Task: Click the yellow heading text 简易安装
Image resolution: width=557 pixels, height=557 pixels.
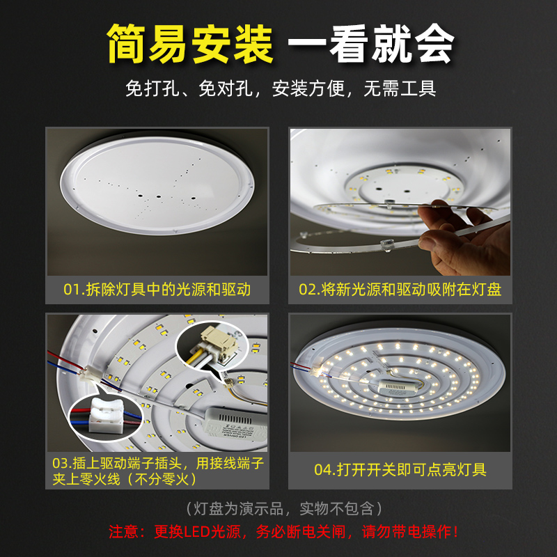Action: (x=189, y=44)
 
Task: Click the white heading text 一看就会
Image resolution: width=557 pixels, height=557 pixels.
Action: (x=371, y=44)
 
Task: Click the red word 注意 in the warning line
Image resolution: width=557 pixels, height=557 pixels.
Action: (x=125, y=532)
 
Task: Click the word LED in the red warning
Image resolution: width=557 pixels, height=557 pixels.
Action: (x=196, y=532)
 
